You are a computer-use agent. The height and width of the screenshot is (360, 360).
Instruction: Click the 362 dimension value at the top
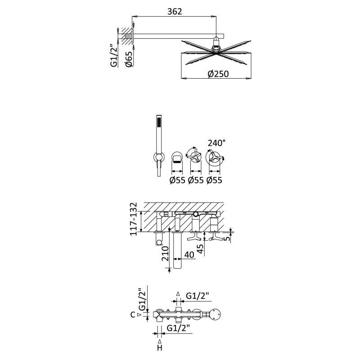click(175, 12)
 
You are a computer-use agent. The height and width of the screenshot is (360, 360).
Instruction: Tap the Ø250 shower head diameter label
click(218, 74)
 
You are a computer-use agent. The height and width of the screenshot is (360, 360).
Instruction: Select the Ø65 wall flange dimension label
click(129, 59)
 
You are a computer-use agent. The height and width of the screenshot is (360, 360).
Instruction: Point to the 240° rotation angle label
click(216, 143)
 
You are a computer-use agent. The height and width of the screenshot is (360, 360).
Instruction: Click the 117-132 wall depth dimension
click(133, 219)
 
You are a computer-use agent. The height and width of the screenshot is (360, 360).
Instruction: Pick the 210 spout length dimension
click(165, 254)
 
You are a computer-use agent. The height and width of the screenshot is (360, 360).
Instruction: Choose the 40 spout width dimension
click(189, 255)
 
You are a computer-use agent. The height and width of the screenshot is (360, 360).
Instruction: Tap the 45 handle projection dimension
click(200, 249)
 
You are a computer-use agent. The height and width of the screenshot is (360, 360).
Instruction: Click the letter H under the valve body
click(160, 348)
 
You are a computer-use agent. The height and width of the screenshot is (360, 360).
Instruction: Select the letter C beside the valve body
click(133, 315)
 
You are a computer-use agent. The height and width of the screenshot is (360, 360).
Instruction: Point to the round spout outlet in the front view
click(177, 158)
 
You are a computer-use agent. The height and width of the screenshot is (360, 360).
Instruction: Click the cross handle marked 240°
click(215, 157)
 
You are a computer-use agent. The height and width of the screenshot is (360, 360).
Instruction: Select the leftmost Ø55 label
click(177, 180)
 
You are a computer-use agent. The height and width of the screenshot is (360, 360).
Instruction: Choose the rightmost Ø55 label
click(214, 180)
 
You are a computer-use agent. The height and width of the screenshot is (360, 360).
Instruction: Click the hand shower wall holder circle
click(158, 157)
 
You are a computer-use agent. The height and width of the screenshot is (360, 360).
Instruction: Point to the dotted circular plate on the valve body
click(216, 314)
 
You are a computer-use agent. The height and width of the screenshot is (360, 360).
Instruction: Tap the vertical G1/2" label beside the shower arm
click(114, 56)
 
